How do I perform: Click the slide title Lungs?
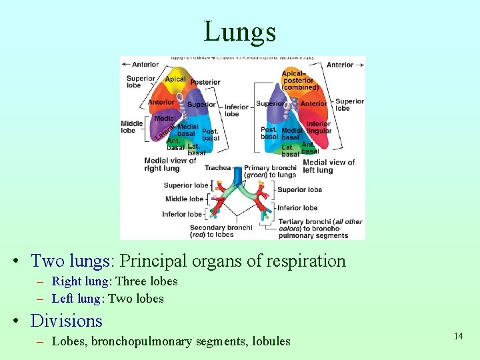[239, 31]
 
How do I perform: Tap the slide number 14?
[458, 336]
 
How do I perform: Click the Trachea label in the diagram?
[217, 168]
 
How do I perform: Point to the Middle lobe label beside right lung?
[132, 127]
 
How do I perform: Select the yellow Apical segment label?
[175, 79]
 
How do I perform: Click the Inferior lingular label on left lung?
[319, 127]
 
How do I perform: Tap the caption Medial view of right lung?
[170, 164]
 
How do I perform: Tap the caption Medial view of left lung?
[329, 166]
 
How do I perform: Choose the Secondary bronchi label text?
[221, 231]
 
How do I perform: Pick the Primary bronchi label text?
[270, 171]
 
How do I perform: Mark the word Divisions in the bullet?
[67, 321]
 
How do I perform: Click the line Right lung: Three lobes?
[115, 281]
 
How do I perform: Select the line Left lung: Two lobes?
[107, 299]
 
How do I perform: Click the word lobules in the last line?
[268, 341]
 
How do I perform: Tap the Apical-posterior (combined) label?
[301, 80]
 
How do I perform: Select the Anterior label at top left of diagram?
[145, 65]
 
